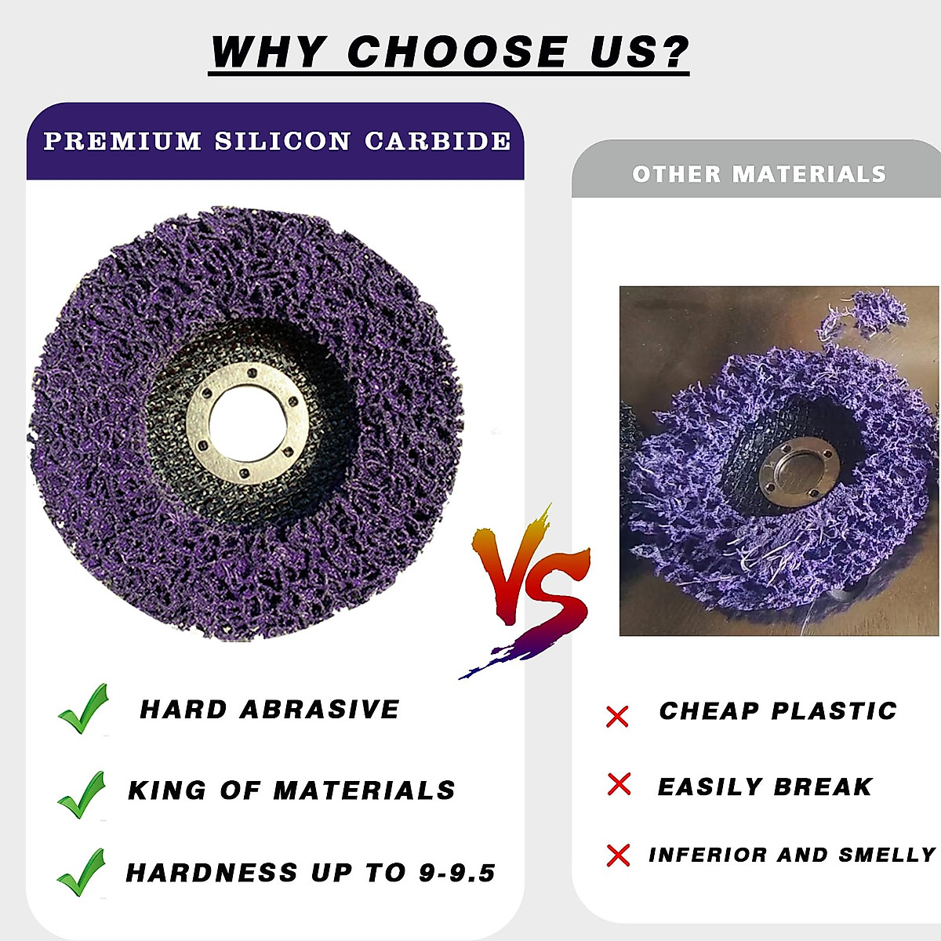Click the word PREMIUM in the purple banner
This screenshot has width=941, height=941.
point(122,141)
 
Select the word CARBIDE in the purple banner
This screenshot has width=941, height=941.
point(438,141)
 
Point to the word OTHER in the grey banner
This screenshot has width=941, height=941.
point(676,174)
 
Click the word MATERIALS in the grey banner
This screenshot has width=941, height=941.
point(809,174)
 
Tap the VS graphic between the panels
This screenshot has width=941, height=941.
point(530,591)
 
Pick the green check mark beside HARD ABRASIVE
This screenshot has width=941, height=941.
point(83,709)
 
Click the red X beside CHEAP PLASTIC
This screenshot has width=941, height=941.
point(617,717)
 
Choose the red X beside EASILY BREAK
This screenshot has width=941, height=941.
point(619,784)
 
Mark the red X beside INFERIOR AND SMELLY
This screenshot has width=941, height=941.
point(618,856)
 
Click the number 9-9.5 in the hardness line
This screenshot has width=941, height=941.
point(457,873)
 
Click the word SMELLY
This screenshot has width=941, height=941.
point(887,855)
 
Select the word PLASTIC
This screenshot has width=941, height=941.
point(834,711)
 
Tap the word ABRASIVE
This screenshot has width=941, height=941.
point(319,710)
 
